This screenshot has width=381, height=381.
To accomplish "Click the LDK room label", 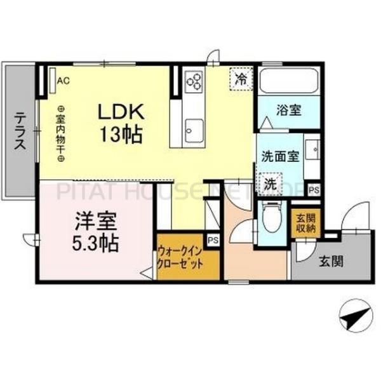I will (123, 112).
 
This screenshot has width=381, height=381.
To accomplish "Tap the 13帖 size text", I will (123, 135).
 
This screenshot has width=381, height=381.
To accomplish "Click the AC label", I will (63, 81).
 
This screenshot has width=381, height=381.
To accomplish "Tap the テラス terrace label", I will (20, 130).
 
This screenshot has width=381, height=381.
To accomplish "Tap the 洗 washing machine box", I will (270, 184).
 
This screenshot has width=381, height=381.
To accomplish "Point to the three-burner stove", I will (194, 81).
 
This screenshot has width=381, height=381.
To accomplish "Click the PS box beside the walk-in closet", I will (213, 239).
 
